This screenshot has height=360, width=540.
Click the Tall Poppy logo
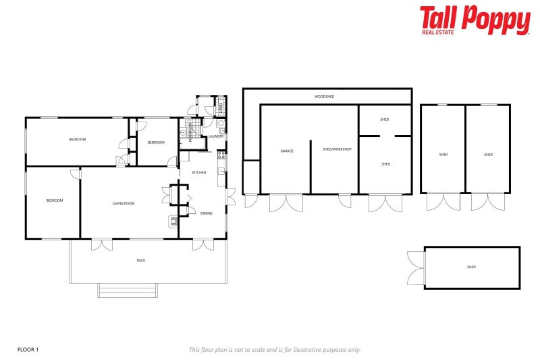coord(475,20)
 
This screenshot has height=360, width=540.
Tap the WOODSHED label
coord(324,97)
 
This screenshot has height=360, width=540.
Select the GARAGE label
coord(286,150)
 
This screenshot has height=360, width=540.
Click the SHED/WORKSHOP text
coord(337,149)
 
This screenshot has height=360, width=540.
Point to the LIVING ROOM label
coord(124,203)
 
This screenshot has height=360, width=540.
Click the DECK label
coord(140,260)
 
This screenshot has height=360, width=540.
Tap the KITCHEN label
coord(199,173)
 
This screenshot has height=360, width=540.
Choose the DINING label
coord(206,213)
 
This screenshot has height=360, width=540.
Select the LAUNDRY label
coord(216,136)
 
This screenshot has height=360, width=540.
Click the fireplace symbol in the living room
coord(173,220)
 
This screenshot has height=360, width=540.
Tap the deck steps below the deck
coord(128,290)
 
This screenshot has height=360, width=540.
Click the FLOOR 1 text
coord(28,349)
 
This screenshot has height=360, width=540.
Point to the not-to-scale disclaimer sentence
coord(274,349)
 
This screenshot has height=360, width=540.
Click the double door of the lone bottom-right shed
coord(415,267)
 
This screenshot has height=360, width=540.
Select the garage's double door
coord(286,203)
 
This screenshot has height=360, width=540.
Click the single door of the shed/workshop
coord(345,201)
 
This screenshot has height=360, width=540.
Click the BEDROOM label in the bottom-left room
coord(54,201)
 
